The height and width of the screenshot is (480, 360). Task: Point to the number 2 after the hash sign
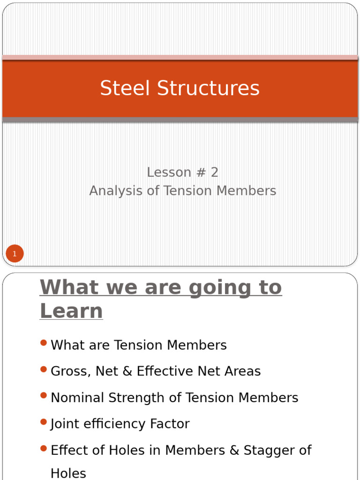coord(214,172)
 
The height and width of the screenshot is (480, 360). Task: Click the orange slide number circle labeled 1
coord(15,254)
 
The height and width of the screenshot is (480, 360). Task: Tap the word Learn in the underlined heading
coord(71,311)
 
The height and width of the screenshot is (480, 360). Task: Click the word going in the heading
coord(217,287)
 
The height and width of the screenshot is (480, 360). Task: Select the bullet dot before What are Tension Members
coord(44,343)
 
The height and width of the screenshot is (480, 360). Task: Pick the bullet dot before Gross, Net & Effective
coord(44,369)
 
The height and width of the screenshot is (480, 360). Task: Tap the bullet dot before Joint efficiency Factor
coord(44,422)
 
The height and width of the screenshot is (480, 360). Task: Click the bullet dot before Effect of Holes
coord(44,448)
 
